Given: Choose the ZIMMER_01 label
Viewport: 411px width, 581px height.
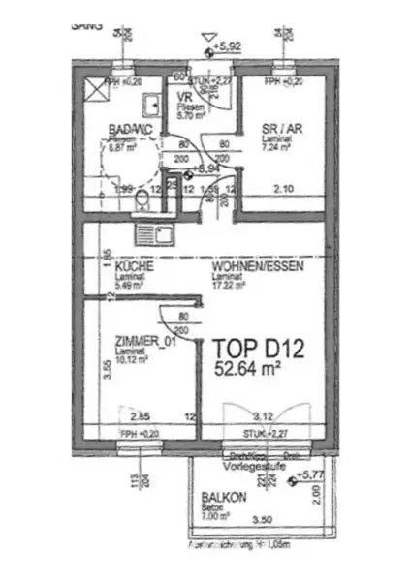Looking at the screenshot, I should click(x=144, y=341).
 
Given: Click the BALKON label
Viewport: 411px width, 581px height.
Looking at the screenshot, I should click(x=223, y=496).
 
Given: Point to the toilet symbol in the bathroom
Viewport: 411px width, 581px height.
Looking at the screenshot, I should click(x=142, y=199).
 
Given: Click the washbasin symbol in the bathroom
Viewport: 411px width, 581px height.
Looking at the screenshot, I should click(x=152, y=106).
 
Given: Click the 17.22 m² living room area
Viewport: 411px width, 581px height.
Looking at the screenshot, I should click(x=230, y=285).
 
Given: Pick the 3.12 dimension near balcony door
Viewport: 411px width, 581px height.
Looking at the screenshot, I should click(x=262, y=416).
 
